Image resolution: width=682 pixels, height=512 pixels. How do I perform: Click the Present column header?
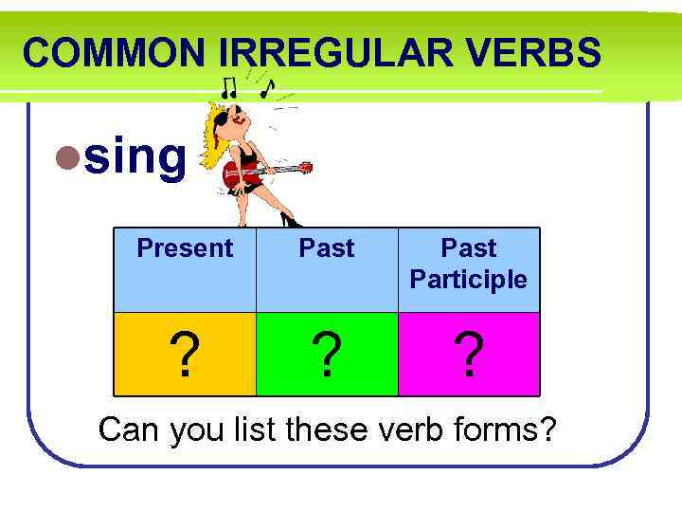185,248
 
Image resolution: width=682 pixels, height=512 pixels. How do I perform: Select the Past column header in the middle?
327,248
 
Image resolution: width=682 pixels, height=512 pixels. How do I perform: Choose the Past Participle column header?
469,264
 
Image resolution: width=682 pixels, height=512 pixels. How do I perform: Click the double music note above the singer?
228,88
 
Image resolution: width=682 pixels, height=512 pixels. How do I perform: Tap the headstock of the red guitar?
304,168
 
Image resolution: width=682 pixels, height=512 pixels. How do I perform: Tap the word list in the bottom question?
258,430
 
